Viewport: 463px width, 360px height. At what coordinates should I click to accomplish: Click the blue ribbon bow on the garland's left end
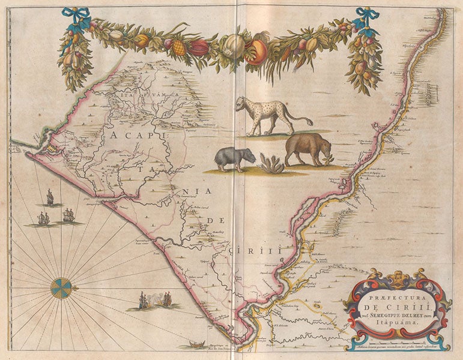(x=76, y=18)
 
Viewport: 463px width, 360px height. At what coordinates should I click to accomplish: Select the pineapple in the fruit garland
(x=178, y=47)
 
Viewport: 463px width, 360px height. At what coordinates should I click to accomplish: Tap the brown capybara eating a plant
(x=308, y=149)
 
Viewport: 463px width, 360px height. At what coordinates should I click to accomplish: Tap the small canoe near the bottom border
(x=195, y=344)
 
